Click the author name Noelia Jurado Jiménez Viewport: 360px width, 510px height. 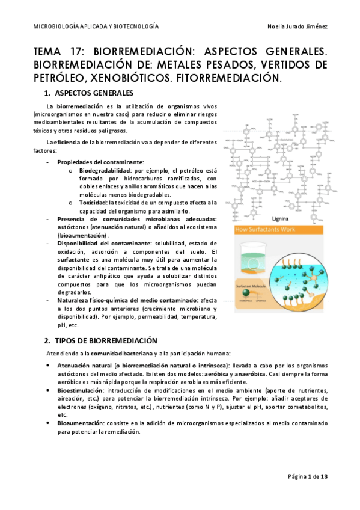click(x=299, y=27)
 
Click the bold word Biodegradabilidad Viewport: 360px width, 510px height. click(x=105, y=171)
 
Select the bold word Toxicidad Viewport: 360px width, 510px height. click(x=95, y=203)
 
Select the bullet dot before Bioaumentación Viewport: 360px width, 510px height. click(x=48, y=424)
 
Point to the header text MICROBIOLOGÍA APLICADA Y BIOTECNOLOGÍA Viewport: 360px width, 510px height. click(x=96, y=27)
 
